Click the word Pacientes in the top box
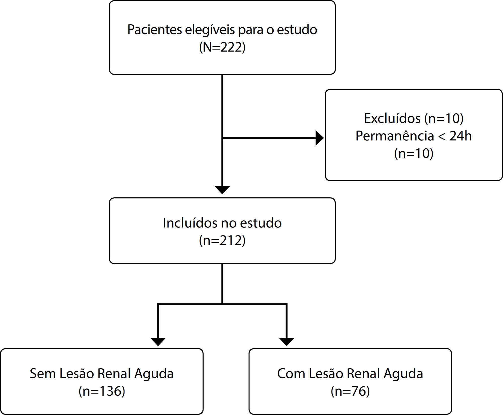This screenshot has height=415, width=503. [155, 30]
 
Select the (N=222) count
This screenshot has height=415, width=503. [222, 47]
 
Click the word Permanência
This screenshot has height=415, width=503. [395, 136]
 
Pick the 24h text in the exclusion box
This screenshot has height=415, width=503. [460, 136]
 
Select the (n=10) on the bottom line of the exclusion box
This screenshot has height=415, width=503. [414, 153]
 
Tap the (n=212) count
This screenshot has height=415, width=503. [222, 240]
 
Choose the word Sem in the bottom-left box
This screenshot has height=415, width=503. [43, 373]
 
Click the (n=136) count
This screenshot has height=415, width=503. [102, 391]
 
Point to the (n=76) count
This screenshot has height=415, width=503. [350, 391]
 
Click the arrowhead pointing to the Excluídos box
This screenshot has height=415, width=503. [320, 138]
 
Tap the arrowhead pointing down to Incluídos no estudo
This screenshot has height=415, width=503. [222, 190]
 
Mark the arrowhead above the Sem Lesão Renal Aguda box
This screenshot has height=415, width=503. [158, 342]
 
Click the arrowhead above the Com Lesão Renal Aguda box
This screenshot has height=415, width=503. [286, 342]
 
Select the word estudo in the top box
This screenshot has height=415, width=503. [297, 30]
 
